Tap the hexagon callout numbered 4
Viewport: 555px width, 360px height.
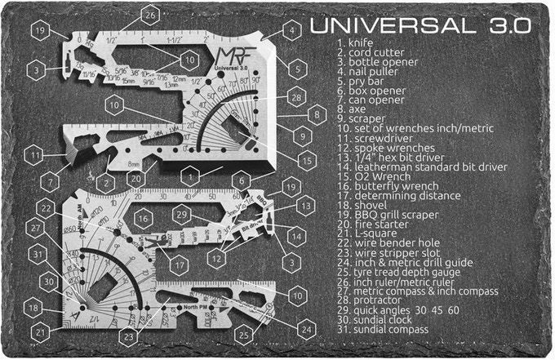pos(290,32)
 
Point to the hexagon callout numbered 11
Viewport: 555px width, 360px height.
pos(33,153)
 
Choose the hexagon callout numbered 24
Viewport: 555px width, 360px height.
pos(304,329)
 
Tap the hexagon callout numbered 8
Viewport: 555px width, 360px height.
pos(318,113)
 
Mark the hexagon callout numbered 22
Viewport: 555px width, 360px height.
pos(47,209)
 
